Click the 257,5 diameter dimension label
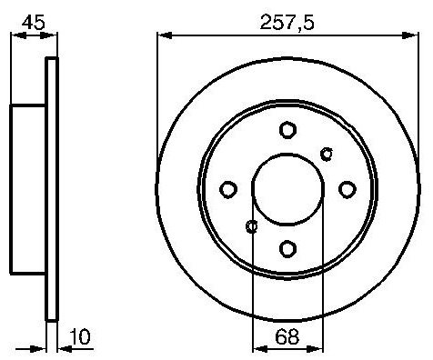(x=287, y=23)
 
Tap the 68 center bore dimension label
(x=287, y=336)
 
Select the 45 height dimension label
(x=34, y=22)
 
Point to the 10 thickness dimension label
(x=80, y=336)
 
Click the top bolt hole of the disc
(x=287, y=130)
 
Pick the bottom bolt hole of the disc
(x=287, y=248)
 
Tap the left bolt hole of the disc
(x=228, y=189)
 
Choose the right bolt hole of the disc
(x=347, y=189)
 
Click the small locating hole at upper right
(x=327, y=154)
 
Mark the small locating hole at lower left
(x=251, y=226)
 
